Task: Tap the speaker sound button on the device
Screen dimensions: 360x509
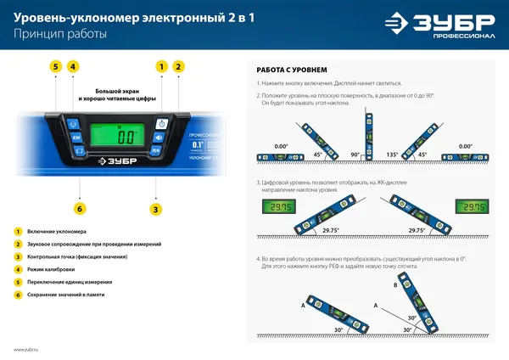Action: pos(158,137)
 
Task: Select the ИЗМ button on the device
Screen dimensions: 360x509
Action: pos(76,137)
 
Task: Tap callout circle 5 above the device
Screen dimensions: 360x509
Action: pos(55,66)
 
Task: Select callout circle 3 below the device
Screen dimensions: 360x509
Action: pos(156,209)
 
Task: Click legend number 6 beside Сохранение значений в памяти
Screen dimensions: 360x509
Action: pos(17,294)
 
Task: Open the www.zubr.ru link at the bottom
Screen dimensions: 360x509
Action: pos(29,349)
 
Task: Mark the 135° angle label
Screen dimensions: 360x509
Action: pos(392,155)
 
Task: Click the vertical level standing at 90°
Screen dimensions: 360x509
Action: pos(370,136)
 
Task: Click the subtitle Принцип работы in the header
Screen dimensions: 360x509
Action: pos(60,35)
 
